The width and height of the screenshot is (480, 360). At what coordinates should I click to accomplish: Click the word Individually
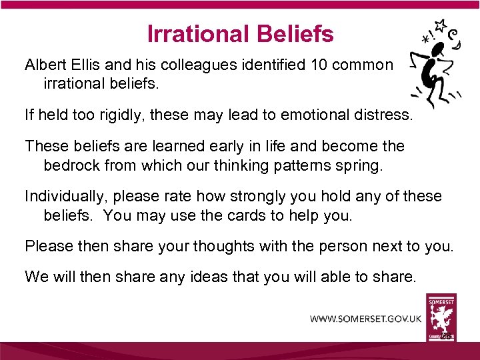pyautogui.click(x=65, y=197)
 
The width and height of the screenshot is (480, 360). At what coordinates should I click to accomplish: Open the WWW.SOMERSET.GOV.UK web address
pyautogui.click(x=365, y=319)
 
